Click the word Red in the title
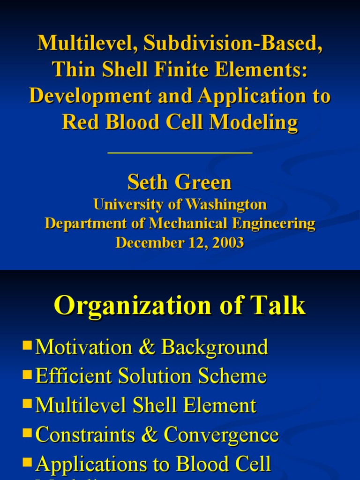(x=75, y=122)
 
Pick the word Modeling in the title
(x=254, y=122)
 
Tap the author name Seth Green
(x=180, y=182)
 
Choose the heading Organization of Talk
(x=180, y=306)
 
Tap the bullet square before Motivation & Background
(x=27, y=346)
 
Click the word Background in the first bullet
(x=215, y=347)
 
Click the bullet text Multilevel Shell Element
(x=146, y=405)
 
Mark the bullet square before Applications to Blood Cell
(x=27, y=463)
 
